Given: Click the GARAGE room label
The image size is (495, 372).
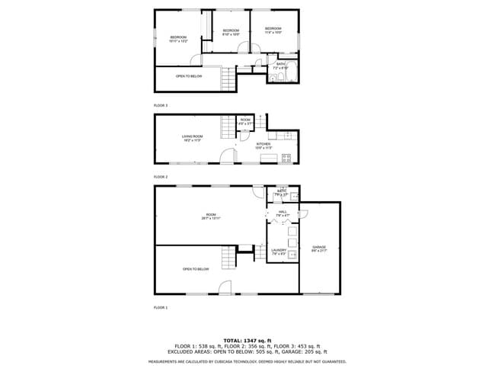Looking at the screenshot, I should tap(318, 249).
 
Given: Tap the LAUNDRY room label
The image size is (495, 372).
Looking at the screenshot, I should tap(279, 251).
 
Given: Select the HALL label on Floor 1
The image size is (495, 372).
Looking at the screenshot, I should tap(282, 214).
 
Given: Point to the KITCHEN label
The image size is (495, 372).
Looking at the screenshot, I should tap(263, 146).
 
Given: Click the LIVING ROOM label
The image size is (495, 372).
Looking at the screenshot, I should tap(191, 139).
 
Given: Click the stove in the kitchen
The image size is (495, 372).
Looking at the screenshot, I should tap(286, 159).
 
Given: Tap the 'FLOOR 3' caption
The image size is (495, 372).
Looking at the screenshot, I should tap(160, 105).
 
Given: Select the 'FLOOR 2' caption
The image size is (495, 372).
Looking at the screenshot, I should tap(160, 177).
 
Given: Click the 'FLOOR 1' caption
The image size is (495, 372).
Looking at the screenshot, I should tap(160, 307).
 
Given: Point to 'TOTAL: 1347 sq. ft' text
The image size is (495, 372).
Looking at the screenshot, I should tap(247, 340).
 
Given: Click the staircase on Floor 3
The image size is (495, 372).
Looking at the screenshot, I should tap(228, 78).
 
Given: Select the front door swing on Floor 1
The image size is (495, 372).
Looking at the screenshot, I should tap(225, 287).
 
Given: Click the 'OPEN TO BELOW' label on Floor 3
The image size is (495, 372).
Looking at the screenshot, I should tap(189, 77).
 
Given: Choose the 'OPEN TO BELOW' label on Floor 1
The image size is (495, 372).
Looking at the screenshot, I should tap(196, 269).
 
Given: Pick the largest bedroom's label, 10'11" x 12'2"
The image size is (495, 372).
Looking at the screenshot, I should tap(178, 39).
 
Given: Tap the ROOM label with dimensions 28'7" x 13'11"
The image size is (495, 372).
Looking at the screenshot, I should tap(210, 217).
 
